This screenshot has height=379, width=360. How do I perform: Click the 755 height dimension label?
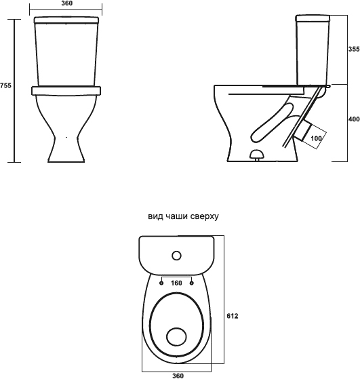5,85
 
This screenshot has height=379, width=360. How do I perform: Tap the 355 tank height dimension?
354,49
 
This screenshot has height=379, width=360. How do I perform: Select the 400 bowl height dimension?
354,119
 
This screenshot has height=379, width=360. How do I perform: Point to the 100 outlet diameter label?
316,138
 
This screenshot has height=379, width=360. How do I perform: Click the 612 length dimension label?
233,316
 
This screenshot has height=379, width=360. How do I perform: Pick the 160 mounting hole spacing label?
176,283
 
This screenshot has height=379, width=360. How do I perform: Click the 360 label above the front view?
66,3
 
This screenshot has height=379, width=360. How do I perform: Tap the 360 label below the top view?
178,376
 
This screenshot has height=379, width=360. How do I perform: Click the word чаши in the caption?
174,216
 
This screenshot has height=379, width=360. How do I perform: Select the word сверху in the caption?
204,217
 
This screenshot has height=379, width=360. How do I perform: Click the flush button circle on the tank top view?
176,256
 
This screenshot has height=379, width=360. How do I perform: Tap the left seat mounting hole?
161,283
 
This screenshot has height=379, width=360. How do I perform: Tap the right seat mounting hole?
192,283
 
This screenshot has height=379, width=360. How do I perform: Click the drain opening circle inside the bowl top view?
176,337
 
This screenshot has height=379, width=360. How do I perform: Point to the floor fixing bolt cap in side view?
257,155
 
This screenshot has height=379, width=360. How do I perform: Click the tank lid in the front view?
66,20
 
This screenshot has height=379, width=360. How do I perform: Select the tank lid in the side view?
313,18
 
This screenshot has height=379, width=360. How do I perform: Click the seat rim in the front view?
66,90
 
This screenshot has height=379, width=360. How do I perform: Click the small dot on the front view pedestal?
66,137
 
